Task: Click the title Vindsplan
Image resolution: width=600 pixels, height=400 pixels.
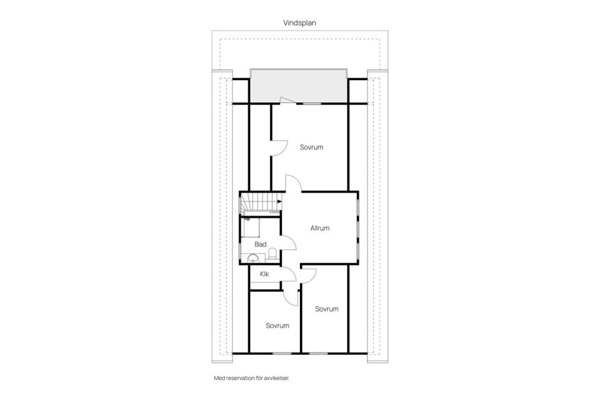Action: click(x=299, y=23)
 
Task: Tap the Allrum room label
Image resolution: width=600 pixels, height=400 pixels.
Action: click(x=320, y=228)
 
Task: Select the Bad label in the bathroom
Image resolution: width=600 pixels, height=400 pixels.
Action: click(x=261, y=244)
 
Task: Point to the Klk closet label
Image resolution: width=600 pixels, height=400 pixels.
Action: click(x=264, y=274)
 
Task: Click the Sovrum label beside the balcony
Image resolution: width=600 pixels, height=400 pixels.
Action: click(x=311, y=147)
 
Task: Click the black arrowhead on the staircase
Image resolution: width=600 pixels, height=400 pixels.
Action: click(x=280, y=201)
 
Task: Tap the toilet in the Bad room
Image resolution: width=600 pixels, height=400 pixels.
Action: click(x=272, y=254)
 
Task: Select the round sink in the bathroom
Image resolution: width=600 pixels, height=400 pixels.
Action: click(x=253, y=259)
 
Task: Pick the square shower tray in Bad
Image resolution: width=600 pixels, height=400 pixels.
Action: click(x=251, y=227)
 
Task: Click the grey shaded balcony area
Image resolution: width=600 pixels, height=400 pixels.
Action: click(x=299, y=86)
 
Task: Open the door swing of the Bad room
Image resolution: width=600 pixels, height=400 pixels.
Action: click(x=288, y=243)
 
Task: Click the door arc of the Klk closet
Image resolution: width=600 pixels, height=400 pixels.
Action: click(x=288, y=274)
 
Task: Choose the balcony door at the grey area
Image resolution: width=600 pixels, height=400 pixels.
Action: click(x=287, y=100)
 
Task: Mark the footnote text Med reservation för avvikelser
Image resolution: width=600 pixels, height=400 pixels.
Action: click(x=252, y=378)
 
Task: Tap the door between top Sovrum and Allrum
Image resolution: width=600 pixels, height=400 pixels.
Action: click(x=294, y=183)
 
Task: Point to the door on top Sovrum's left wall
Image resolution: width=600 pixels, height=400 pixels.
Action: click(x=279, y=147)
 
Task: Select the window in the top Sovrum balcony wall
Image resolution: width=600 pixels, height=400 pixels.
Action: click(x=312, y=103)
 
